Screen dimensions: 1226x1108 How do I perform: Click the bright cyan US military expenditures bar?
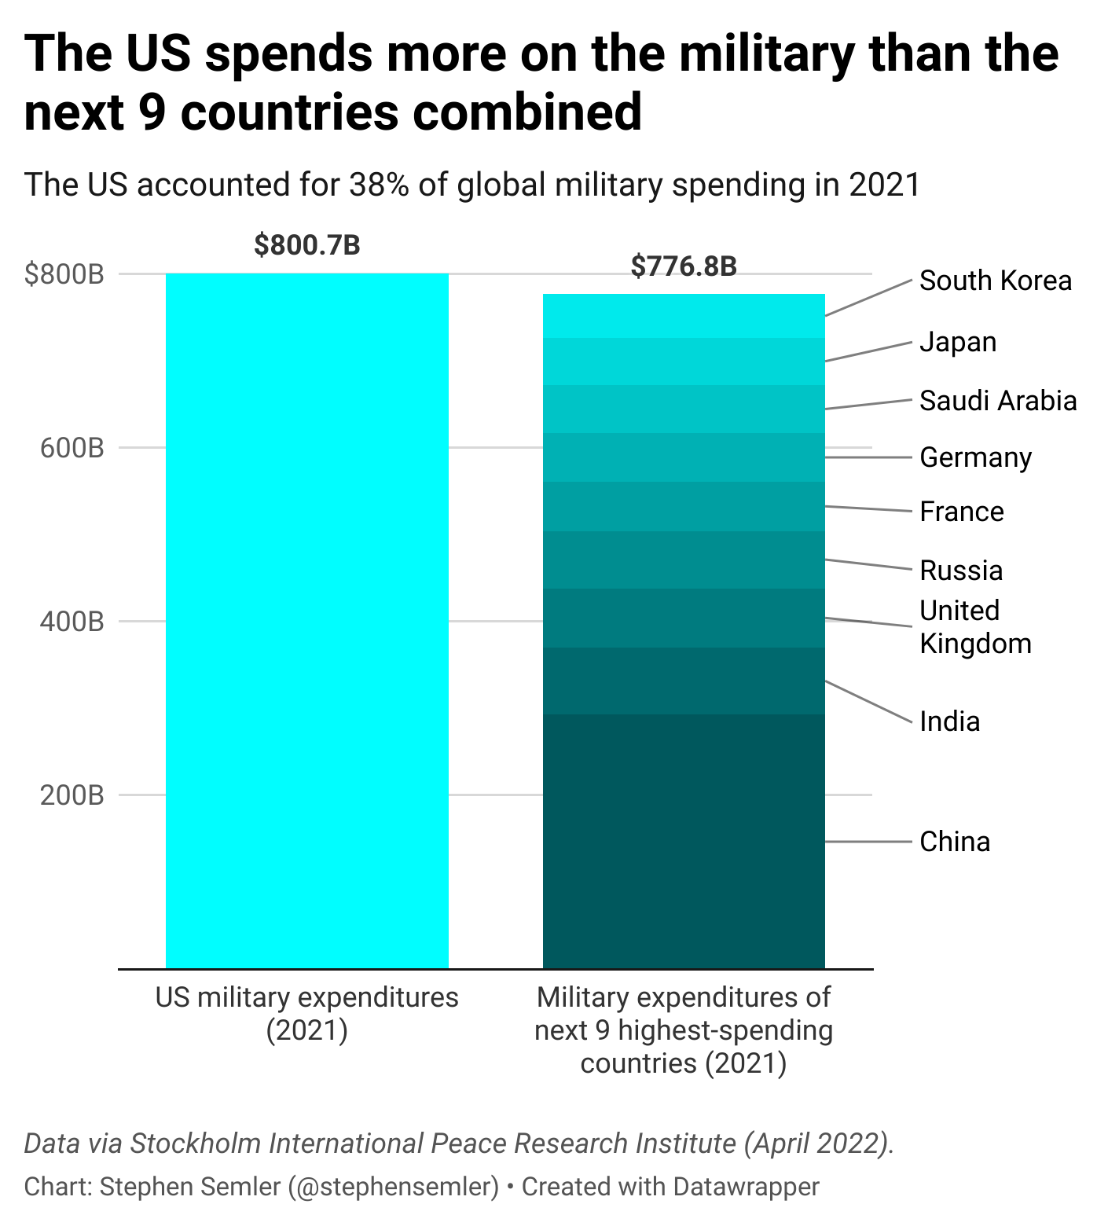[x=307, y=621]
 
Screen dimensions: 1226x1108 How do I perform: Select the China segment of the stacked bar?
[x=684, y=841]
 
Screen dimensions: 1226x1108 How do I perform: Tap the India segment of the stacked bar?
[x=684, y=681]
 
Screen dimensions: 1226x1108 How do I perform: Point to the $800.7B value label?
[x=307, y=245]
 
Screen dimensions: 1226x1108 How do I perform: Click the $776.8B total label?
[x=684, y=266]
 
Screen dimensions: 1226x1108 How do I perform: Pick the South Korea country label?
[x=996, y=281]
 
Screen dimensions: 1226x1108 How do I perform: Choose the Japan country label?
[x=958, y=342]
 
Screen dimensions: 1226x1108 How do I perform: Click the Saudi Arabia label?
[x=998, y=401]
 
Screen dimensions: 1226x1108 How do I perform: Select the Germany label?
[x=976, y=457]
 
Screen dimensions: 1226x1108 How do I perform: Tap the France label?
[x=962, y=512]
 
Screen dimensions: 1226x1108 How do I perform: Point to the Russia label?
[x=961, y=571]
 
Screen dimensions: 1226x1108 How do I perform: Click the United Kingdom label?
[x=975, y=627]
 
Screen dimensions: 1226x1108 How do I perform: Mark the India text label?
[x=950, y=721]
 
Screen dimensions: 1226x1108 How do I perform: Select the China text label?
[x=955, y=842]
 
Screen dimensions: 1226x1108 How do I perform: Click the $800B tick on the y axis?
[x=64, y=274]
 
